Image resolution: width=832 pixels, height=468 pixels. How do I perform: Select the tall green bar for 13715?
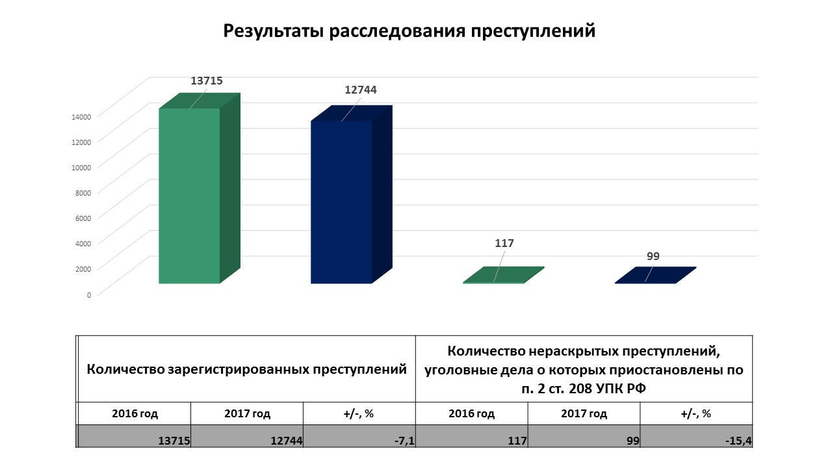189,195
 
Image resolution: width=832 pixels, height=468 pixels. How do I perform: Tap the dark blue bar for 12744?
341,201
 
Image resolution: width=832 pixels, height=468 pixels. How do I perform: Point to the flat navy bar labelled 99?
655,276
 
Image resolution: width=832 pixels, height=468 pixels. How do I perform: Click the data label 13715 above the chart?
207,81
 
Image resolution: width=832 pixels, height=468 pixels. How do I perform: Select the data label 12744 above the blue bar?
361,90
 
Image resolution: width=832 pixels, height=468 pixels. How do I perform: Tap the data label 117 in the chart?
504,243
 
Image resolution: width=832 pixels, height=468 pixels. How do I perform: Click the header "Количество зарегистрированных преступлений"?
247,369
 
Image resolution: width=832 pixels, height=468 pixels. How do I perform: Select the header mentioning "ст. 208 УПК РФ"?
583,369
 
